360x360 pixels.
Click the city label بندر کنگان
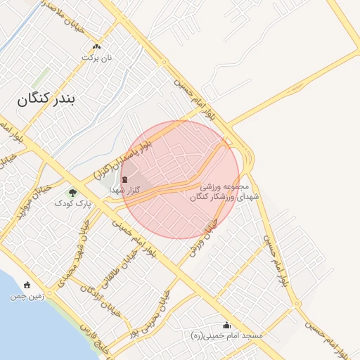click(x=49, y=100)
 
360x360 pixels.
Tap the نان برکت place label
click(x=98, y=59)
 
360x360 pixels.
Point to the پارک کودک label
click(x=73, y=203)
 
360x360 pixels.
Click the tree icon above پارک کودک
click(x=73, y=192)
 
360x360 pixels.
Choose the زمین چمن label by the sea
click(x=27, y=296)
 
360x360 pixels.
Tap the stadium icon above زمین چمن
click(x=27, y=285)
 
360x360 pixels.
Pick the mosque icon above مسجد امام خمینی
click(x=226, y=325)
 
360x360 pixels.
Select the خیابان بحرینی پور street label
click(x=154, y=313)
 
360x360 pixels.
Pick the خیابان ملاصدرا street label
click(x=45, y=11)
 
